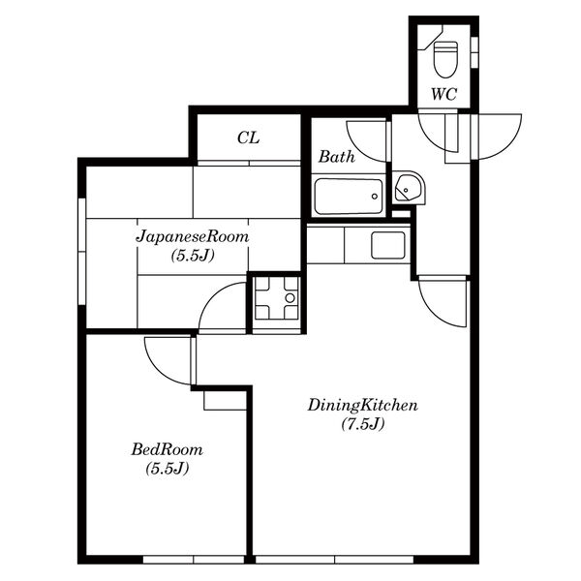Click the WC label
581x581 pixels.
[x=443, y=94]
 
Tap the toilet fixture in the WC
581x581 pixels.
[x=445, y=59]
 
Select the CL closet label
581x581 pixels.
[x=248, y=138]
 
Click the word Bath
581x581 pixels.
[x=336, y=156]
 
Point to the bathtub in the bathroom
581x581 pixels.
[x=348, y=197]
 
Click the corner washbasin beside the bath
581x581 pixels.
[x=409, y=187]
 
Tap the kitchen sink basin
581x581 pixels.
[x=388, y=245]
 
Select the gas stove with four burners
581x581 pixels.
[x=276, y=298]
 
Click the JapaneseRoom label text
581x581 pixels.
[x=193, y=236]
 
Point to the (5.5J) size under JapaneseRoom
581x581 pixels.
[x=193, y=256]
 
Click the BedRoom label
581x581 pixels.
[x=168, y=450]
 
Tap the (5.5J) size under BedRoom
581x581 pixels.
[x=168, y=469]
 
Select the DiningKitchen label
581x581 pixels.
[x=363, y=406]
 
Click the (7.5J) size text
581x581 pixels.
[x=363, y=424]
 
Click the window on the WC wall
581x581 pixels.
[x=474, y=52]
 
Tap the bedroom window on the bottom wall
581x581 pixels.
[x=194, y=560]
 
